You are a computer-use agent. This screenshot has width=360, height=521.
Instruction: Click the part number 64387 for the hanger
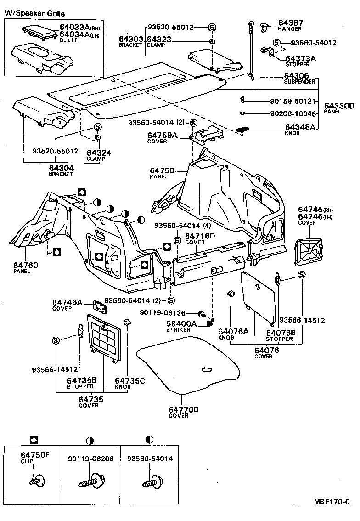(290, 23)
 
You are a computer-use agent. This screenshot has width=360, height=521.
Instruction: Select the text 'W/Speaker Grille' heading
(34, 14)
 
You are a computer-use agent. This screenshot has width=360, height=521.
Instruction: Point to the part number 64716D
(200, 236)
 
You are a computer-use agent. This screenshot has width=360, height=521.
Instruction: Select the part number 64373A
(301, 58)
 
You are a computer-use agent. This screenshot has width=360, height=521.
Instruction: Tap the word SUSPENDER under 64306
(299, 82)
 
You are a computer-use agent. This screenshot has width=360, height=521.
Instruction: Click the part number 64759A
(162, 136)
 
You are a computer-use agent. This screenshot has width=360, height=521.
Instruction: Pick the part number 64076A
(233, 331)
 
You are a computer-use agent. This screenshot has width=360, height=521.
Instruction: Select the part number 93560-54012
(314, 43)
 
